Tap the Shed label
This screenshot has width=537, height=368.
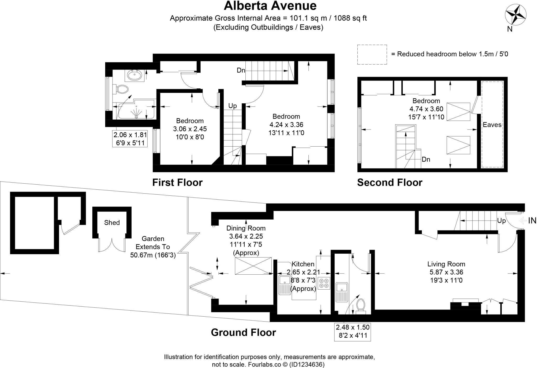click(112, 223)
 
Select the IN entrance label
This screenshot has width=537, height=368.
click(532, 221)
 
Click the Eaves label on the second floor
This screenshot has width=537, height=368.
click(492, 125)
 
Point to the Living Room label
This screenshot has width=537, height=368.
click(446, 264)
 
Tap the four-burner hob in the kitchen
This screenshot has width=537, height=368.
click(324, 283)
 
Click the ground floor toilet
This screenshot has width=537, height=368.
click(361, 306)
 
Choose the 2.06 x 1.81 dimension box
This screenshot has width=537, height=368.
click(130, 138)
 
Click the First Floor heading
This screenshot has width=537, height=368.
click(178, 183)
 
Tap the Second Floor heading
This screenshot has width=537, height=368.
click(390, 183)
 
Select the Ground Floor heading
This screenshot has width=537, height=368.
click(243, 333)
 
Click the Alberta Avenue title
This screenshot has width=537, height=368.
click(270, 6)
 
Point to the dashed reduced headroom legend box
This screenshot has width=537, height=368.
click(372, 55)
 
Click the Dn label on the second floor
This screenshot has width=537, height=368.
click(426, 159)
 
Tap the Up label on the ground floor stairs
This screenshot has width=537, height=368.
click(502, 221)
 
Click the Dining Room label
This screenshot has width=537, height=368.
click(246, 228)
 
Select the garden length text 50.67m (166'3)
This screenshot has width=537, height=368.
click(153, 255)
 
